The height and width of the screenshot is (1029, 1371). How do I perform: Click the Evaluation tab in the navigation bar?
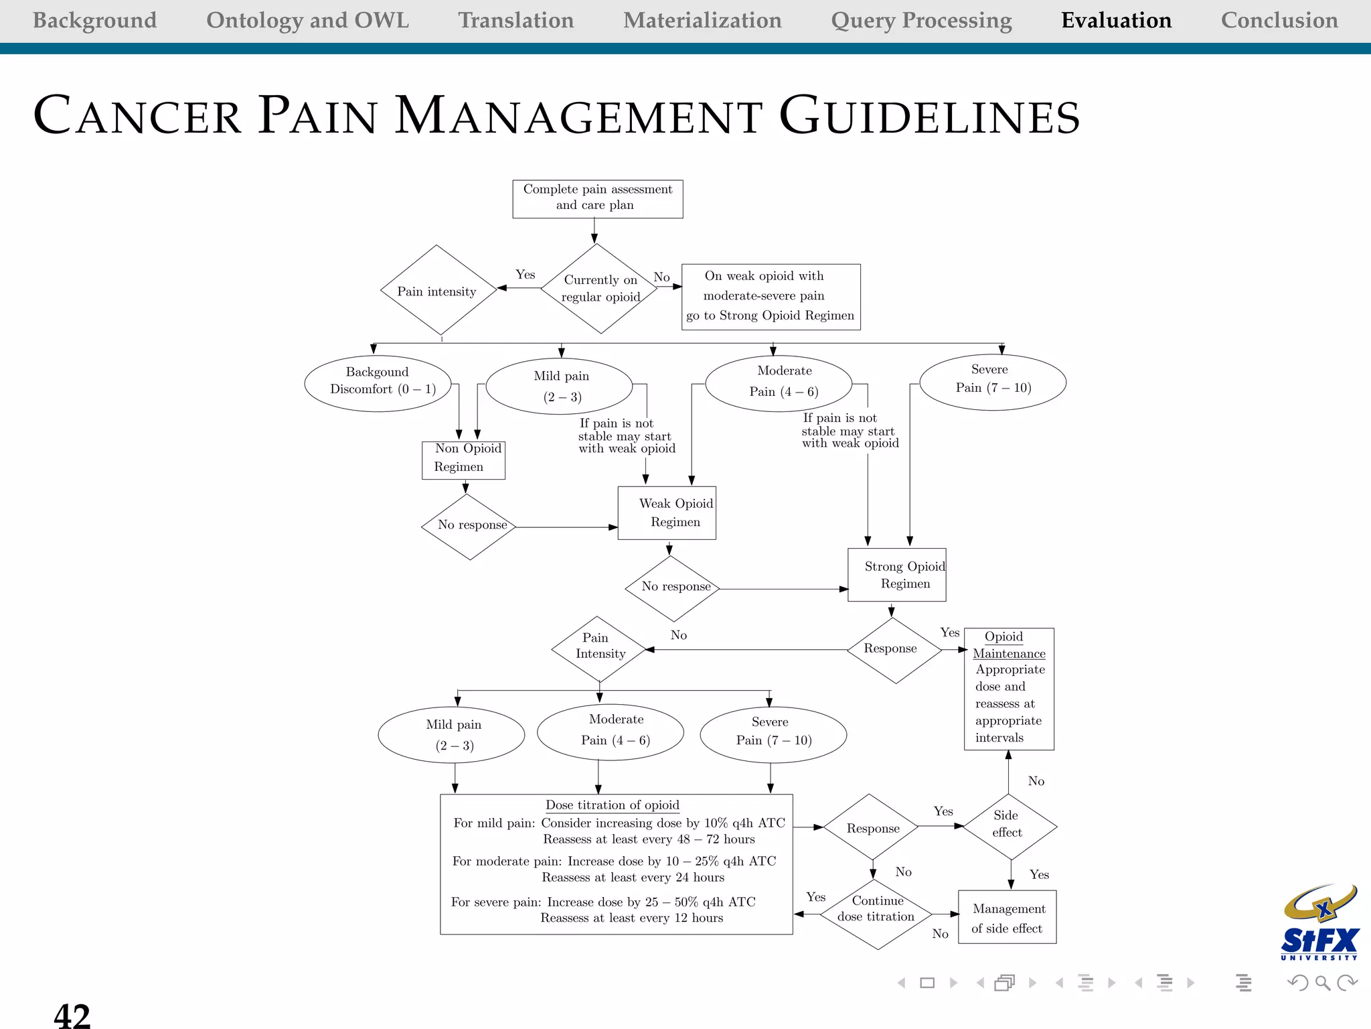click(x=1116, y=20)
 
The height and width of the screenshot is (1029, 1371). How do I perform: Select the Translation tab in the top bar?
click(x=515, y=20)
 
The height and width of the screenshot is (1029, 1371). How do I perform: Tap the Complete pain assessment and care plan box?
click(x=597, y=198)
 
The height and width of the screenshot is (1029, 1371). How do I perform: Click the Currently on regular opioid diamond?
click(x=600, y=289)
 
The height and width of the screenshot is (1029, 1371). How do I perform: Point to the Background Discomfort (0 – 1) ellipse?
click(x=378, y=383)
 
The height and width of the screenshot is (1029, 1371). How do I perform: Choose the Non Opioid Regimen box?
click(x=463, y=460)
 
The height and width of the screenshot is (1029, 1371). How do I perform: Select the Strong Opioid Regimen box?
click(x=896, y=575)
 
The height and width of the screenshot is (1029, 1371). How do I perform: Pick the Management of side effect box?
click(x=1007, y=918)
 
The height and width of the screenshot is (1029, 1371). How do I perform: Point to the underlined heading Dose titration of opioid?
click(x=612, y=805)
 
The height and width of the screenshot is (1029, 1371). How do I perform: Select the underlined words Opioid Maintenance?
click(x=1008, y=645)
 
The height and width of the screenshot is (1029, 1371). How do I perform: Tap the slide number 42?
click(x=72, y=1014)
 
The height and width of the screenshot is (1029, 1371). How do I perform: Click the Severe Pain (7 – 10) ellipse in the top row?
click(x=992, y=382)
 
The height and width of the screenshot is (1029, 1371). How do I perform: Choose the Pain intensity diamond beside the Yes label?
click(x=438, y=290)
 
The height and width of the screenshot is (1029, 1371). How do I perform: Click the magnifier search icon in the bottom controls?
click(x=1322, y=983)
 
